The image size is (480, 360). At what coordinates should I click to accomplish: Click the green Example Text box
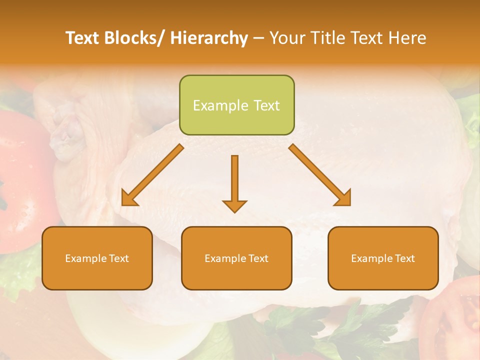[236, 105]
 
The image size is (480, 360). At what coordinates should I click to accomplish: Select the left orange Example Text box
[97, 258]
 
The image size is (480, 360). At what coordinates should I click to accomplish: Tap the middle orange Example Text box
[236, 258]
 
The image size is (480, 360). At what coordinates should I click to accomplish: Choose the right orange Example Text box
[383, 258]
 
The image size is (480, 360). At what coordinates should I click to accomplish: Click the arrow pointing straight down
[234, 183]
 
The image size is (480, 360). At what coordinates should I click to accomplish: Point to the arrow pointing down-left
[153, 174]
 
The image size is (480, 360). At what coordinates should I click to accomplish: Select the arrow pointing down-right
[320, 174]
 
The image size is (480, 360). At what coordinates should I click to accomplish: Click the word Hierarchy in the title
[209, 38]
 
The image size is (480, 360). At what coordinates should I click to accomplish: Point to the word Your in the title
[287, 38]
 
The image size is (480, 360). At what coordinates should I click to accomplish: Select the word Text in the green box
[266, 105]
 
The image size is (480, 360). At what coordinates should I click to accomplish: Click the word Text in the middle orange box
[257, 258]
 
